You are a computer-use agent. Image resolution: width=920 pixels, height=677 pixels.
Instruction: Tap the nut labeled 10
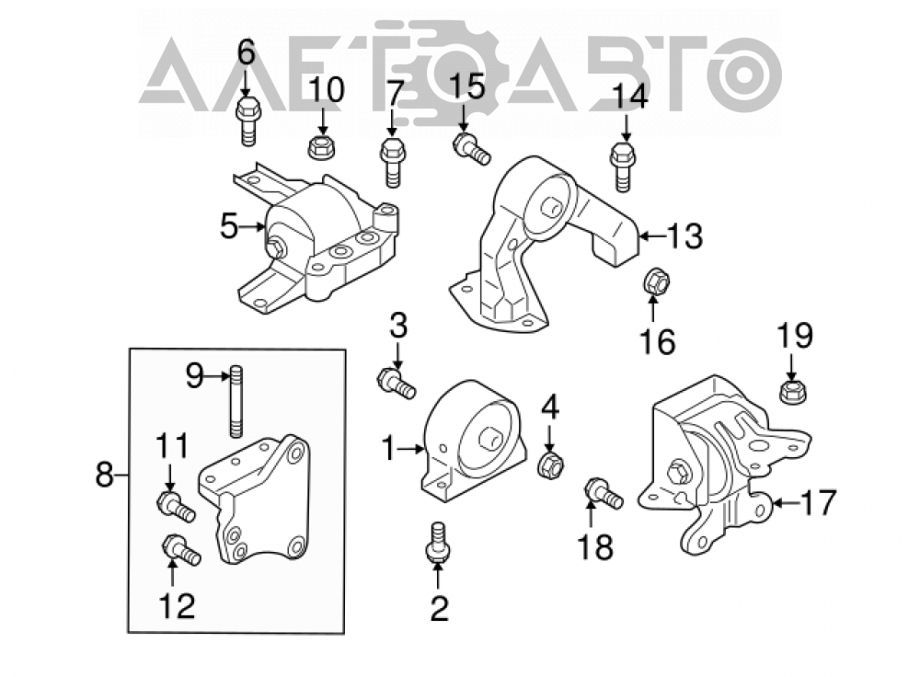point(321,146)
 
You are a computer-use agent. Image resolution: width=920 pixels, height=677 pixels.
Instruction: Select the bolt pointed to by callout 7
point(392,163)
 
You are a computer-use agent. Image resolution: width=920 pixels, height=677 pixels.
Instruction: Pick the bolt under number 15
point(471,149)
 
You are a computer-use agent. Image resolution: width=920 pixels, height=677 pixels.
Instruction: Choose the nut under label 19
point(792,391)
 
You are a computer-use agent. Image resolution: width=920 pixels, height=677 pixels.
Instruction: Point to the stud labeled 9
point(236,401)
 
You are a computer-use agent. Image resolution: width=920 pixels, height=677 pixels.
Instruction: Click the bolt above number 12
point(181,549)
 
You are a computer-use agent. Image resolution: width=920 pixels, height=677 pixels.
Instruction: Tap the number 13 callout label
point(684,236)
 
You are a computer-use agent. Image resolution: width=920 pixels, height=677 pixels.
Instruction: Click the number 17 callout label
point(818,503)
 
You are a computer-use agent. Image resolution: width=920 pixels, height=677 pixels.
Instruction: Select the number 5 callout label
point(229,226)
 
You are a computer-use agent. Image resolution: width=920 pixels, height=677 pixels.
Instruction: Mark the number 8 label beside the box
point(104,475)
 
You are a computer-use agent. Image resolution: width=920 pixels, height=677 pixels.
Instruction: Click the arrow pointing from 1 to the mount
point(410,450)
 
